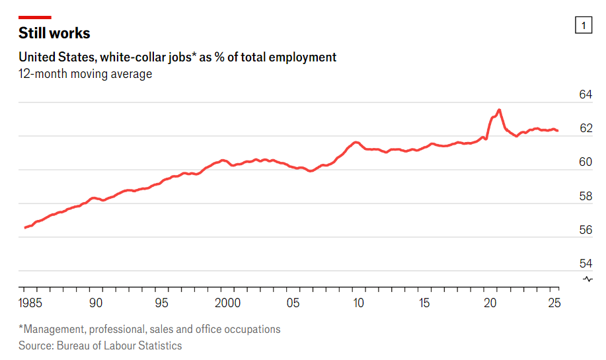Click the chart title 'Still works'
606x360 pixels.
click(54, 33)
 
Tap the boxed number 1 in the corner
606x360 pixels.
click(584, 26)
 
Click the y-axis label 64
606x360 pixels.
click(586, 94)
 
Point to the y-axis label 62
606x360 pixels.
click(586, 128)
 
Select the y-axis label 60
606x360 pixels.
click(586, 162)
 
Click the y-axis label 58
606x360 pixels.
click(586, 196)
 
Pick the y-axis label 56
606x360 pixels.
click(586, 230)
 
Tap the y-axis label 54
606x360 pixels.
click(586, 263)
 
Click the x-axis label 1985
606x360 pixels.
click(32, 303)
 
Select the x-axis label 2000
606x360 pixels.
click(228, 303)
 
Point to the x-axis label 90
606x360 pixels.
click(96, 303)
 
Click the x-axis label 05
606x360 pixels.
click(293, 303)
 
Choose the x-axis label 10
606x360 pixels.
click(358, 303)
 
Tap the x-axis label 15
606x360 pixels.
click(424, 303)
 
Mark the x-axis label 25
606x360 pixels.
click(554, 303)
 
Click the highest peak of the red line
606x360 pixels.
click(499, 110)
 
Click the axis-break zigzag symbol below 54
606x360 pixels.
click(588, 279)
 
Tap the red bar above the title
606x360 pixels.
click(35, 17)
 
